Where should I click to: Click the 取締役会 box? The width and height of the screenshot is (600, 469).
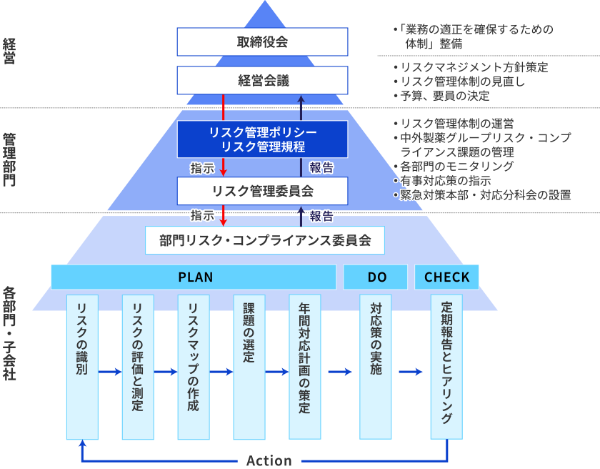[262, 42]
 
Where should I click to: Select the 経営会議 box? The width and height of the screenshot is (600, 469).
[262, 81]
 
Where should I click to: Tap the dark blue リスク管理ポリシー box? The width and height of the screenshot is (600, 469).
[262, 139]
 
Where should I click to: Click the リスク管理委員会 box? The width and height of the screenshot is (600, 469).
[262, 191]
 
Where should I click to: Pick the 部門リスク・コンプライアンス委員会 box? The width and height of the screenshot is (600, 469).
[265, 240]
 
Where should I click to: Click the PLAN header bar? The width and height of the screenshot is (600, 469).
[194, 277]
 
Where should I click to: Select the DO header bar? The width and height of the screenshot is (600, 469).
[376, 277]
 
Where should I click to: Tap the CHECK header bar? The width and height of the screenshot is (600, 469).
[446, 277]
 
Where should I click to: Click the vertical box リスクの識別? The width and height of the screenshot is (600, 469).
[81, 366]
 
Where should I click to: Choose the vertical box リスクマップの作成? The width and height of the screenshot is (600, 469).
[193, 366]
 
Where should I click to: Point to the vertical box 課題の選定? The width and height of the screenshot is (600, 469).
[249, 366]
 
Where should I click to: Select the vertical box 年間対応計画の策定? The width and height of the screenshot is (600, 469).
[304, 366]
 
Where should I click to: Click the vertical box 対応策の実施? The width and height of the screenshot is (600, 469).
[376, 366]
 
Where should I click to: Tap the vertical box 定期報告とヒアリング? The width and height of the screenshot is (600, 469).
[446, 366]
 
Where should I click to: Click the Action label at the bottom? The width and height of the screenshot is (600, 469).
[269, 460]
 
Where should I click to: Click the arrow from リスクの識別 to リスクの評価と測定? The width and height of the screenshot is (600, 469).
[109, 372]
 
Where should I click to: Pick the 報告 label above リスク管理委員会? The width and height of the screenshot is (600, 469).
[321, 168]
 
